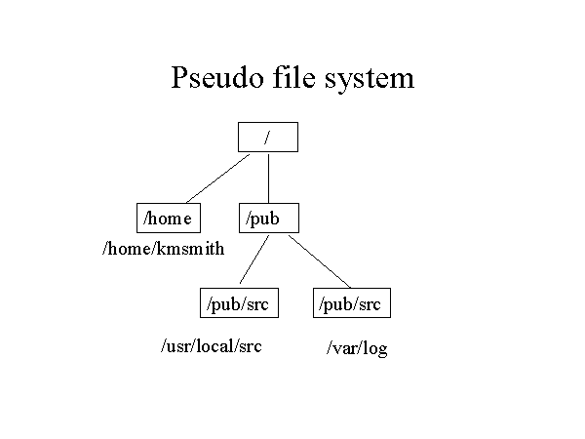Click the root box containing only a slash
267,137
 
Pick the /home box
169,219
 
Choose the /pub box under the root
267,219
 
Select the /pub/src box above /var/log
352,303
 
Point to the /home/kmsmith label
163,249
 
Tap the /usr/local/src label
212,345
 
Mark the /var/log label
357,348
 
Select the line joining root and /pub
268,178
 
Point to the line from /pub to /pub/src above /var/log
319,260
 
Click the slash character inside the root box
267,137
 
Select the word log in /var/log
374,349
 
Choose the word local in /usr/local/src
214,345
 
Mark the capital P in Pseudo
180,77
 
